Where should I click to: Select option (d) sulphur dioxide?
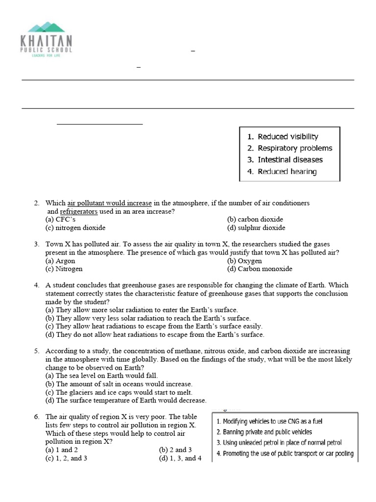point(256,228)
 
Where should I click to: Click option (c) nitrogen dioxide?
point(75,228)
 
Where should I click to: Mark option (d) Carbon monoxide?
point(259,269)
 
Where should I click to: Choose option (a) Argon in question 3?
point(60,261)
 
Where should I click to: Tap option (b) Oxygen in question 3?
point(244,261)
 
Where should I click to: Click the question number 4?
point(37,285)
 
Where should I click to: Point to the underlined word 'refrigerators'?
point(79,211)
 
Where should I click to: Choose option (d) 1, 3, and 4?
point(180,458)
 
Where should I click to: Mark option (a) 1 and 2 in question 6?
point(62,450)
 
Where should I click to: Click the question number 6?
point(37,417)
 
